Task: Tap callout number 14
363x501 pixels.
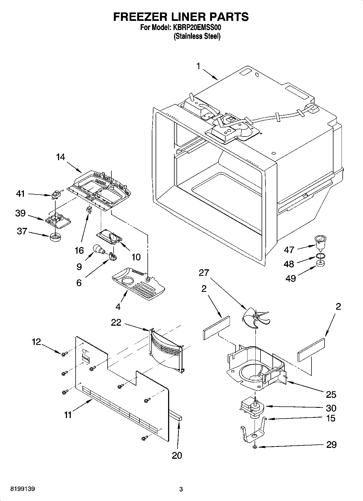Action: click(60, 157)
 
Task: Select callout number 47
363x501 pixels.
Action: click(289, 250)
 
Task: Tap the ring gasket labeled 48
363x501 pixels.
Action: click(320, 256)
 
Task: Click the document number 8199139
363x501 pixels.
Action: click(23, 489)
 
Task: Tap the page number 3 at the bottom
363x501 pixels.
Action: click(181, 489)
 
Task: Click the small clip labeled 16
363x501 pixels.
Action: click(88, 209)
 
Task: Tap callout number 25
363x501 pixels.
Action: click(331, 395)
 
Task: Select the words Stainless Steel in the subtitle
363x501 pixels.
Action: click(197, 36)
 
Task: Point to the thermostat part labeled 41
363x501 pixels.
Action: click(56, 195)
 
